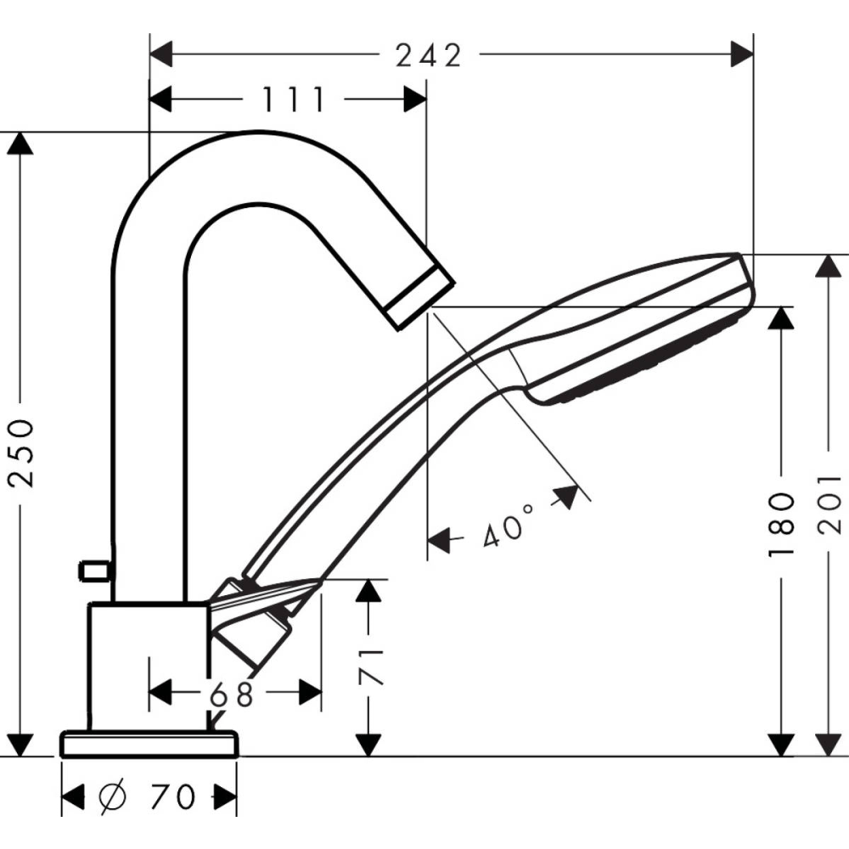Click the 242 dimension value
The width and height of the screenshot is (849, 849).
(429, 55)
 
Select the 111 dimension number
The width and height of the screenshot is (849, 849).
(294, 99)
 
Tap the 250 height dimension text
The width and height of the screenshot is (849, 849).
(22, 453)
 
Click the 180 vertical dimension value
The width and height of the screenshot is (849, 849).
(781, 524)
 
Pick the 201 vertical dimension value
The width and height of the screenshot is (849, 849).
(829, 504)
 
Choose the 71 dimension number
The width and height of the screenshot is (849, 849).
(370, 667)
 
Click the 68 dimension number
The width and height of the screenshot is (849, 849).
(232, 694)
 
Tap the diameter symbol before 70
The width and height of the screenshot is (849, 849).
(113, 796)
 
